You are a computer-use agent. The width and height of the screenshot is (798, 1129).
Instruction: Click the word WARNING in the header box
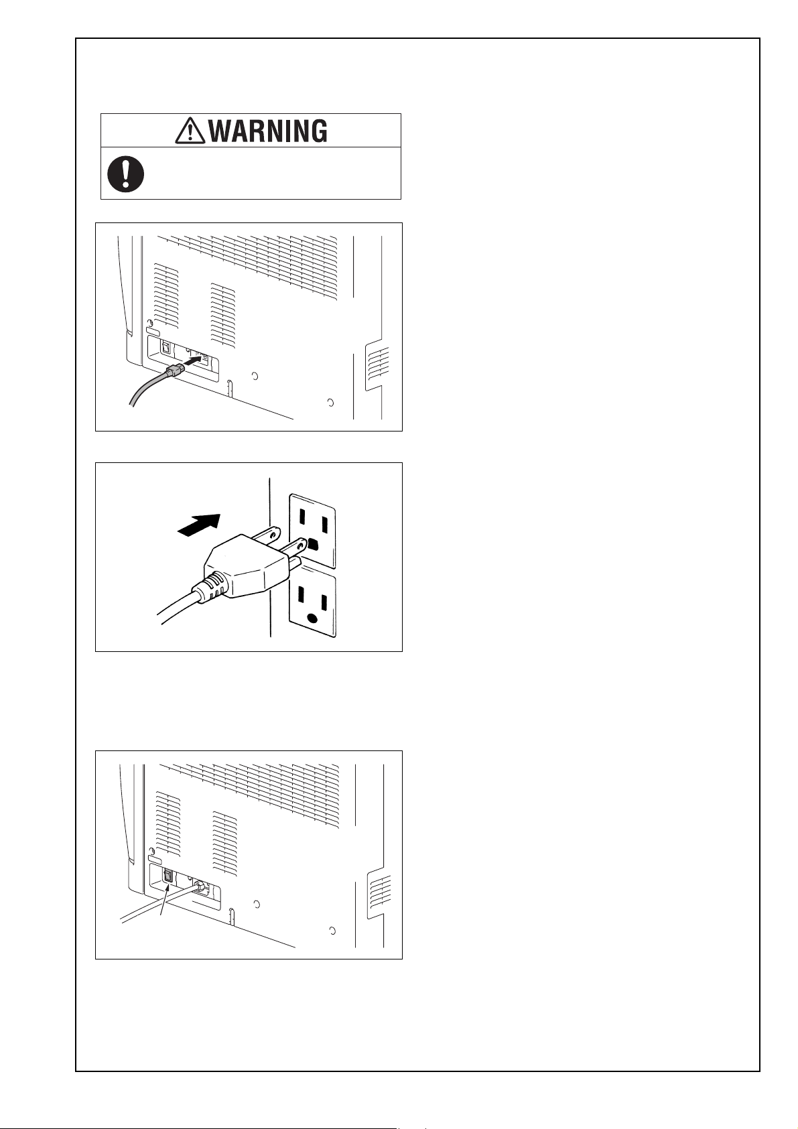[268, 131]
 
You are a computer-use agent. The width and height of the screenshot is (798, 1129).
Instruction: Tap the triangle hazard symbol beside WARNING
[190, 131]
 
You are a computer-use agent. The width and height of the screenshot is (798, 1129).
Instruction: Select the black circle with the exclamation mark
[125, 174]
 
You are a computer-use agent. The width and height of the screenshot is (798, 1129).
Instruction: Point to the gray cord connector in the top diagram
[174, 371]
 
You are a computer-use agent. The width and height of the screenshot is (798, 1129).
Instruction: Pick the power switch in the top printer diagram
[165, 348]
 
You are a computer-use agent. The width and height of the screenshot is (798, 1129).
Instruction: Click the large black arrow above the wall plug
[200, 525]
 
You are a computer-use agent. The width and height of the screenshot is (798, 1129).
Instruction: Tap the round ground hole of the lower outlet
[313, 619]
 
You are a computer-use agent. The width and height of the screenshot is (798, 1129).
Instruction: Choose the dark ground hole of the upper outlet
[313, 544]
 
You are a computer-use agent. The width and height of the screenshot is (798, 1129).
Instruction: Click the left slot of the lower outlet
[301, 595]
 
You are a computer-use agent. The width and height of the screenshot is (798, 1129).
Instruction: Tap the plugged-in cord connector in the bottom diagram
[199, 885]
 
